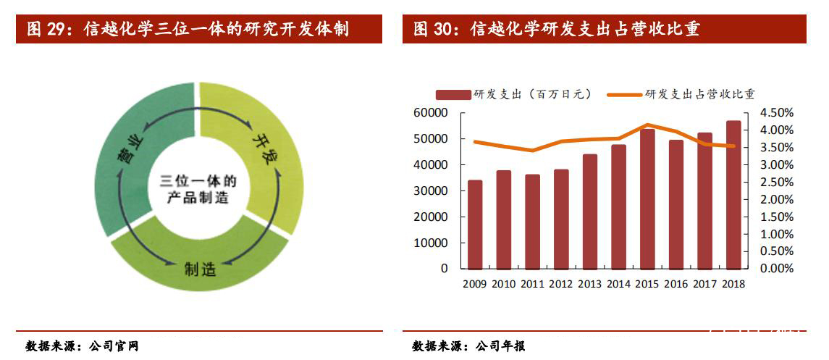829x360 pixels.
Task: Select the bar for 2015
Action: click(x=647, y=198)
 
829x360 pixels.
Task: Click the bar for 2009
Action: click(x=475, y=224)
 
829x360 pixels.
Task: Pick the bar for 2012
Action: click(x=561, y=219)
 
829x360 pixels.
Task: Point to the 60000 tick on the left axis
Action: click(x=432, y=113)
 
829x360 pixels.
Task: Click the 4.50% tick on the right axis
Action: click(x=777, y=113)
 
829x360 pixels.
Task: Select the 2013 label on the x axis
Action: click(x=590, y=284)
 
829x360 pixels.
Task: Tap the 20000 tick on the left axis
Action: click(x=432, y=217)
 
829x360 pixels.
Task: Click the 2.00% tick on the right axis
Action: click(x=777, y=199)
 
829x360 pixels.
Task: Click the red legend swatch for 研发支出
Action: click(x=453, y=94)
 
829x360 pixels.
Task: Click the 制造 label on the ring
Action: click(x=200, y=269)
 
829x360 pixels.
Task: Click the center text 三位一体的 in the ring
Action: click(x=198, y=180)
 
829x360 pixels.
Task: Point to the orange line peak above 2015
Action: click(x=647, y=125)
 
